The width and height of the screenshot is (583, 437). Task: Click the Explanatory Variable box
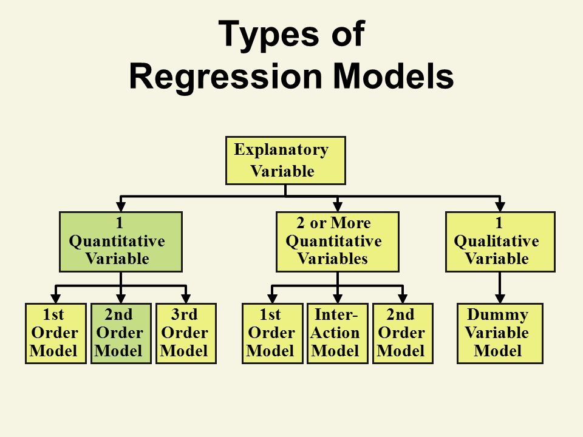(x=285, y=160)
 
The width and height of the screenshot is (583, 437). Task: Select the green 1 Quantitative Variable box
(x=121, y=242)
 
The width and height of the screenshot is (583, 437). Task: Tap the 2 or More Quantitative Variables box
(x=338, y=242)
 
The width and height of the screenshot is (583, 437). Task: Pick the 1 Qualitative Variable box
(x=500, y=242)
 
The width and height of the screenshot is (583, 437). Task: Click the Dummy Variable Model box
(x=500, y=333)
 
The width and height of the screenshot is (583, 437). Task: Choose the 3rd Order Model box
(x=186, y=333)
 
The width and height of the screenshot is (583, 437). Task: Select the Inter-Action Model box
(x=338, y=333)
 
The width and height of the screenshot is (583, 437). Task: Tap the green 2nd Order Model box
(x=121, y=333)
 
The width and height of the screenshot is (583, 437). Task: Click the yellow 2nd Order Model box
(x=403, y=333)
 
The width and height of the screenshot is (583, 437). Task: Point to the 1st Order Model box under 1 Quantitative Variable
(x=56, y=333)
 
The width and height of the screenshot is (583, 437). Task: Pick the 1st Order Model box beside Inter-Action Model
(x=273, y=333)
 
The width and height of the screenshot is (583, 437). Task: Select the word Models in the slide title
(x=394, y=75)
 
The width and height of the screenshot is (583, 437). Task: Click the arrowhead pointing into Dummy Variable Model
(x=500, y=299)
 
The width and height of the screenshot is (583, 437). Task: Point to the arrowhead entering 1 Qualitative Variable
(x=500, y=207)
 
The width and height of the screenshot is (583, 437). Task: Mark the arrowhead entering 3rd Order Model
(x=186, y=299)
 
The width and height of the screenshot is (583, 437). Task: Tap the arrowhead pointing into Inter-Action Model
(x=338, y=299)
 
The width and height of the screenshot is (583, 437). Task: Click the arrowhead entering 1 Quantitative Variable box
(x=121, y=207)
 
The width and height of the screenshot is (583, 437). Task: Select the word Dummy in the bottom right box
(x=498, y=315)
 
